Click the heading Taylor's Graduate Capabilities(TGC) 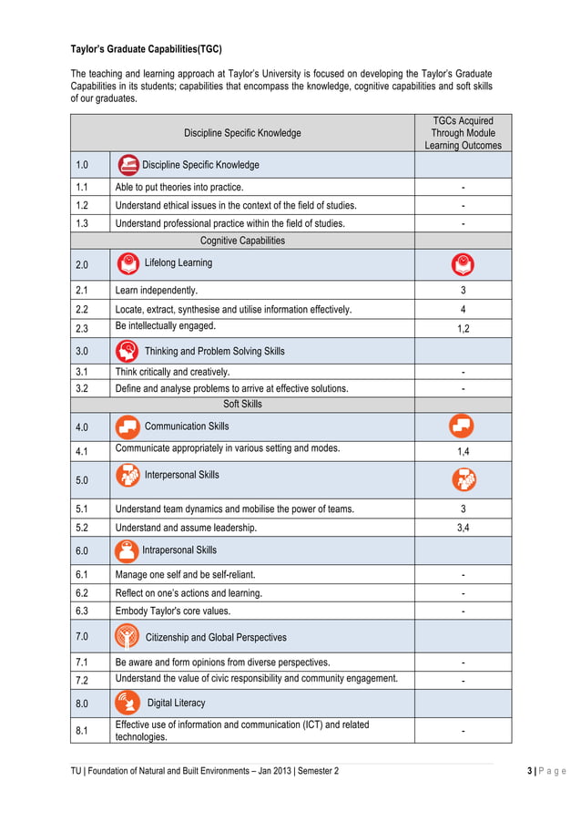coord(147,49)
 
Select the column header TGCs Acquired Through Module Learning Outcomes coord(463,133)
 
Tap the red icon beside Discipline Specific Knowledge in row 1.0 coord(129,165)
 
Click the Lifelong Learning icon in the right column coord(463,264)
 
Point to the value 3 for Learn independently coord(463,291)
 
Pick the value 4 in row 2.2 coord(463,310)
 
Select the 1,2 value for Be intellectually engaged coord(463,329)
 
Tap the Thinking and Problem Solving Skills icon coord(127,351)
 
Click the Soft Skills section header coord(242,404)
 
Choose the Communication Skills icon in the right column coord(463,426)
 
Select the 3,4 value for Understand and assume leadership coord(463,527)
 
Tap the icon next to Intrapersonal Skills coord(127,550)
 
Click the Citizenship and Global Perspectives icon coord(127,636)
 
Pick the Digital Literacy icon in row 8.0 coord(127,703)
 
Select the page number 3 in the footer coord(530,771)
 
